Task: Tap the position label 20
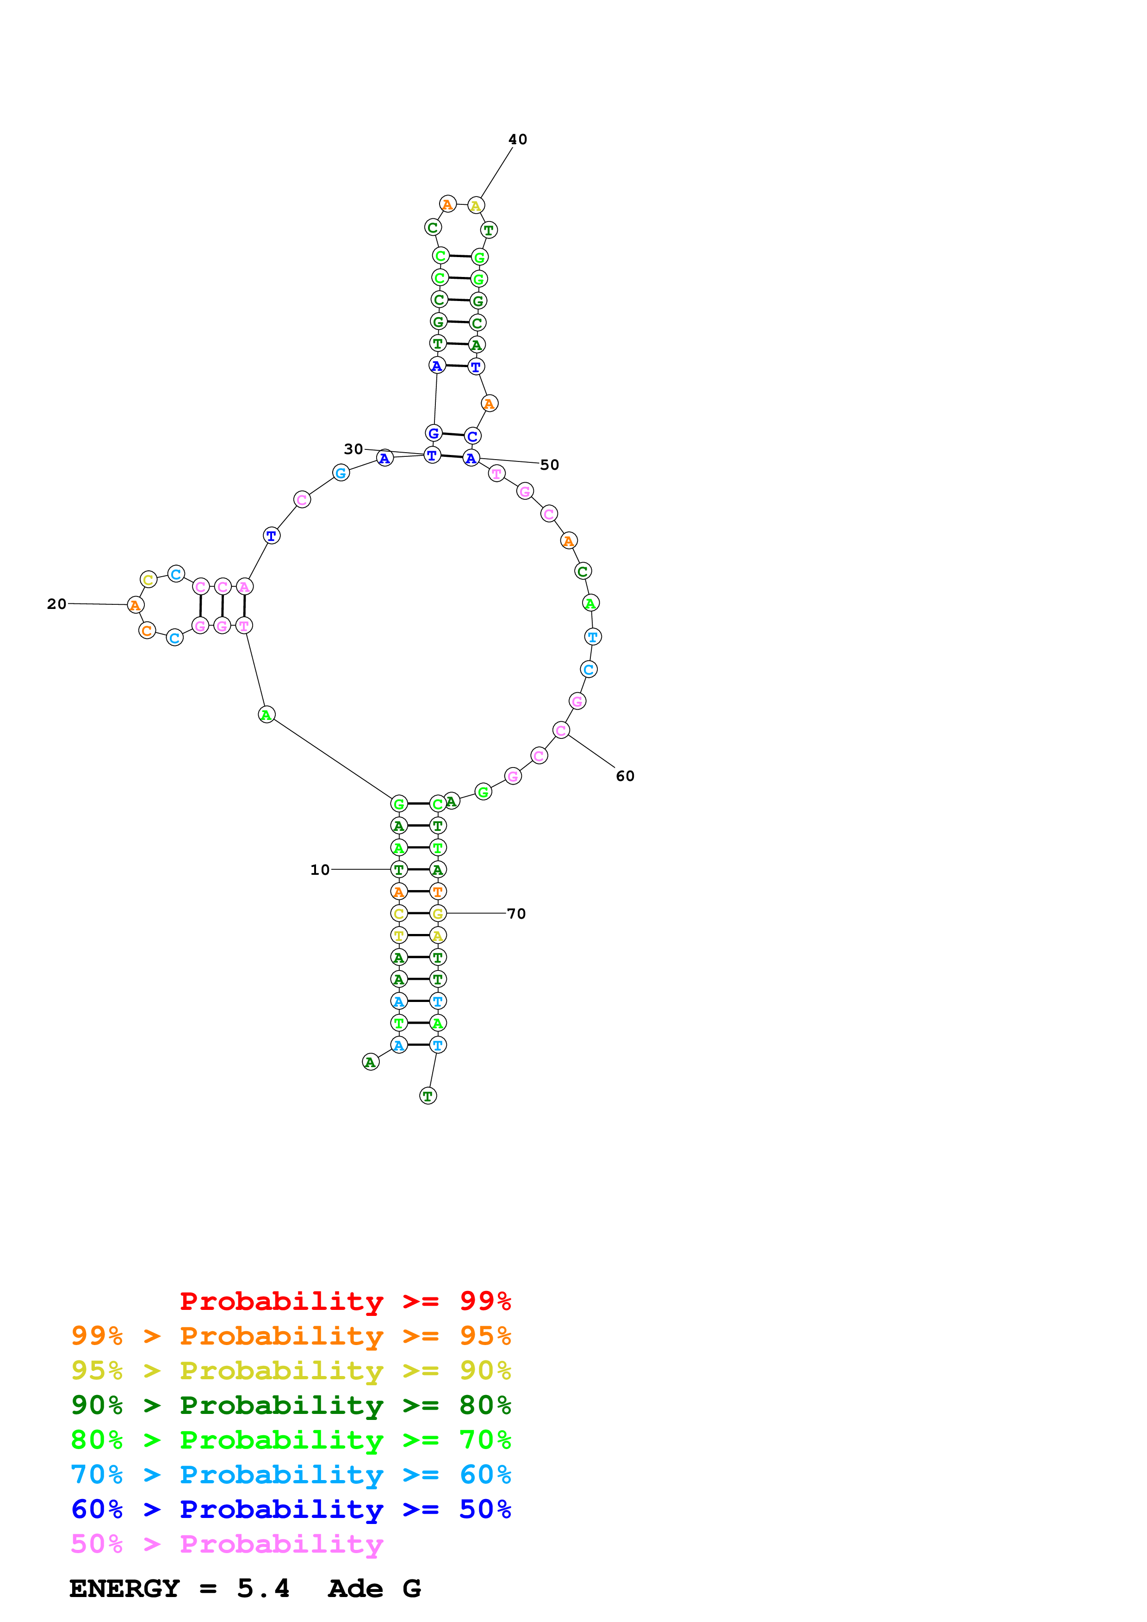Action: [56, 604]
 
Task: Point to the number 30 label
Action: [353, 449]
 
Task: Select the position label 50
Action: [549, 465]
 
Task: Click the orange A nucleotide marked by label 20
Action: [135, 605]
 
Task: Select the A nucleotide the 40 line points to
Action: [476, 206]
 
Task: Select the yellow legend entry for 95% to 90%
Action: [291, 1370]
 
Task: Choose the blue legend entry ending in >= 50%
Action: [291, 1509]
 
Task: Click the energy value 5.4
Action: [263, 1588]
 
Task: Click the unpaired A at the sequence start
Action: [370, 1062]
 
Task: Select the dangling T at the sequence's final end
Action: [428, 1096]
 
